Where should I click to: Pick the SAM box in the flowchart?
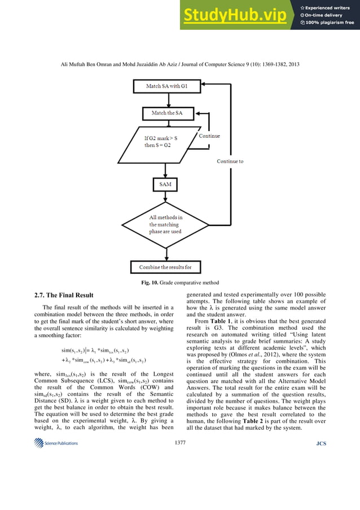coord(165,185)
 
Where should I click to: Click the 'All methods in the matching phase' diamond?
coord(165,228)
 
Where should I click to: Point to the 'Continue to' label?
coord(230,161)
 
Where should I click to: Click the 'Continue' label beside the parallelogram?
coord(209,136)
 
